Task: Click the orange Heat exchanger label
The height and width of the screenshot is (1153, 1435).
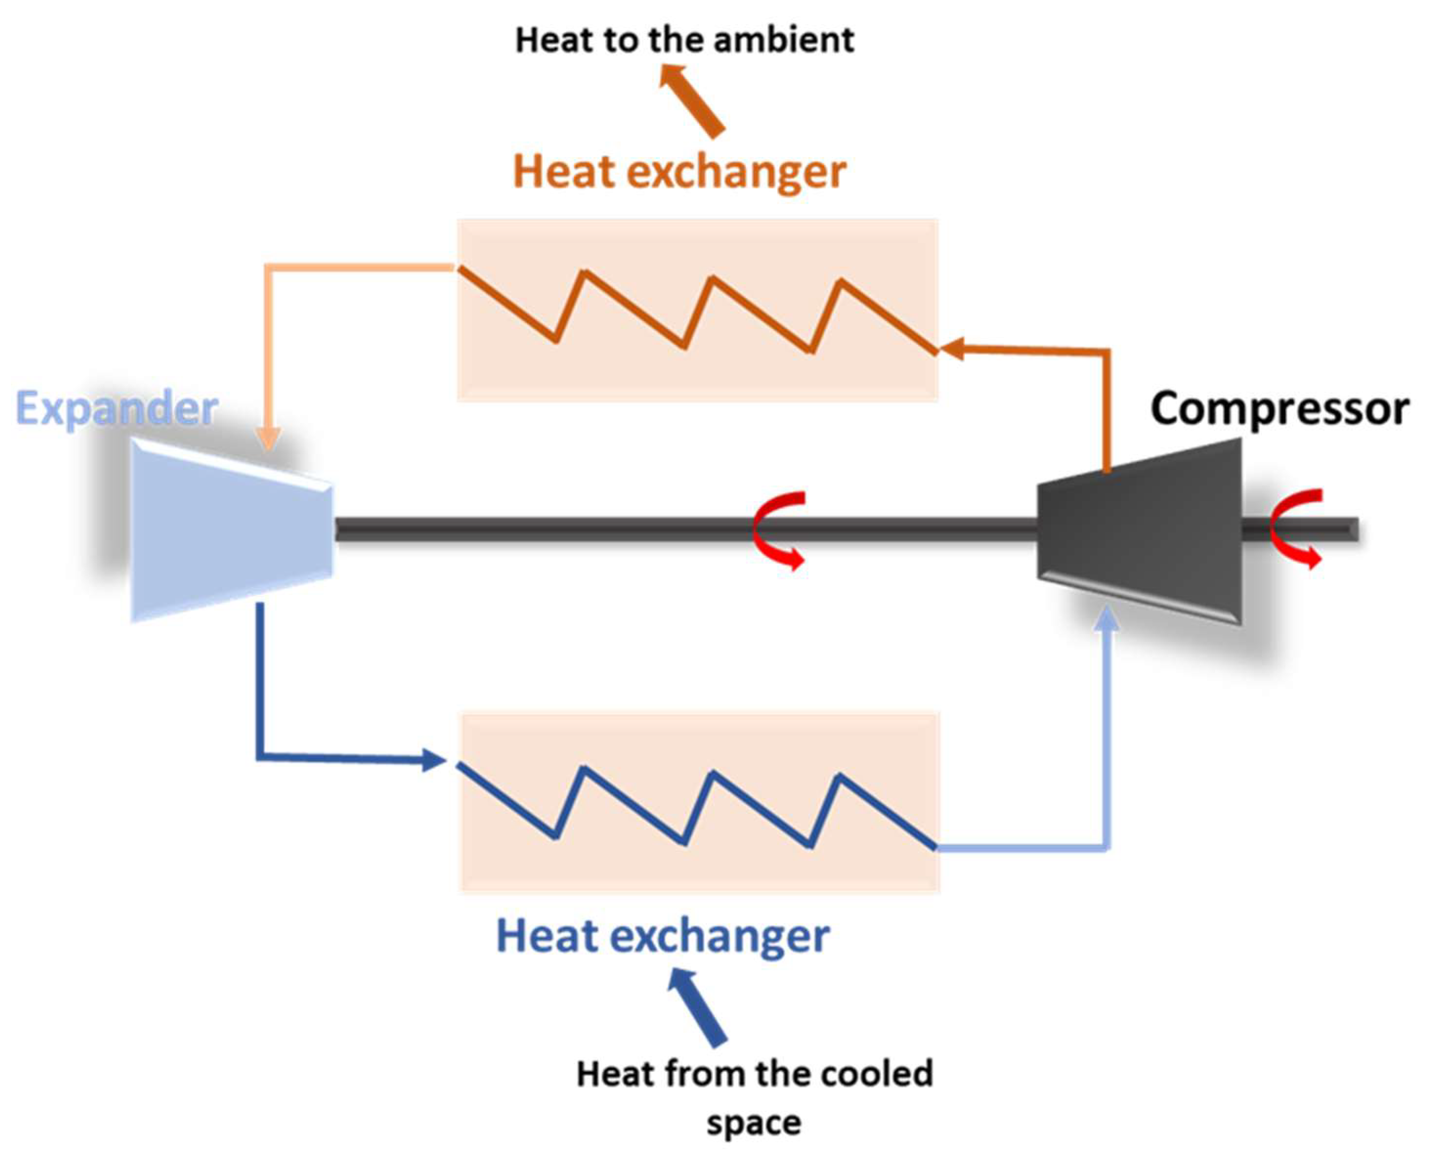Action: tap(679, 172)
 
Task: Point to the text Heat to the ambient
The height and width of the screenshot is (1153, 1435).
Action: tap(684, 40)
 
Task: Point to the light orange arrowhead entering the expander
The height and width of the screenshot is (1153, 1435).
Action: tap(268, 439)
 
